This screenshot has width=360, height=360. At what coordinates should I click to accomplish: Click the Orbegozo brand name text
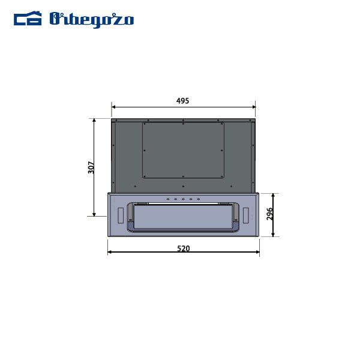point(92,19)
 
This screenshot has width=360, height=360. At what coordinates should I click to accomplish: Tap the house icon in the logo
point(28,19)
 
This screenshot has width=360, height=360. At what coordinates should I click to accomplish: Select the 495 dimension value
point(183,101)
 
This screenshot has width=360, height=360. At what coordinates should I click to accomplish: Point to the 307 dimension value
point(91,167)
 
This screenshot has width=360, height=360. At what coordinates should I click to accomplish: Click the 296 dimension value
point(269,214)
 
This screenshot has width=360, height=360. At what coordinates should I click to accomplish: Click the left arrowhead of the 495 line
point(113,108)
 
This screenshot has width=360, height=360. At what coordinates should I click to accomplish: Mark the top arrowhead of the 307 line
point(94,120)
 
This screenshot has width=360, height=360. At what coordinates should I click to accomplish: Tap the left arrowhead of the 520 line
point(110,253)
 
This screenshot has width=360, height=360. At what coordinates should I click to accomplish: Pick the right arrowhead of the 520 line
point(257,253)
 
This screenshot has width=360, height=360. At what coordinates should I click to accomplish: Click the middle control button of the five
point(183,199)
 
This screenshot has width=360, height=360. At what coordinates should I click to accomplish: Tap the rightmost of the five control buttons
point(197,199)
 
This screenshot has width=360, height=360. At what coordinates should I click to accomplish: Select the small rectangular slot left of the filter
point(122,214)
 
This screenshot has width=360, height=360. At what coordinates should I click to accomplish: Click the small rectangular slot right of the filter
point(245,214)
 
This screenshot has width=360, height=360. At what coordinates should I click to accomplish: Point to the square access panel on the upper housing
point(183,149)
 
